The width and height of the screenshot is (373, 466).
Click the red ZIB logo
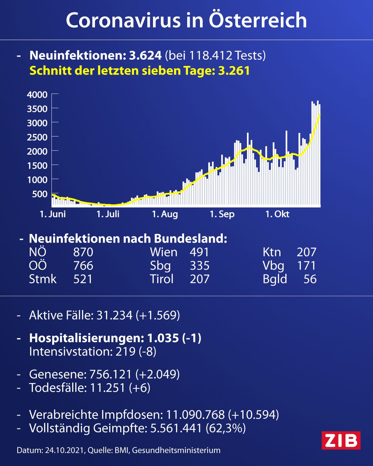click(x=341, y=440)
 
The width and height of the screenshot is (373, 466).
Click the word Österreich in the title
click(x=258, y=20)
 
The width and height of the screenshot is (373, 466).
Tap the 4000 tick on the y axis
click(x=55, y=94)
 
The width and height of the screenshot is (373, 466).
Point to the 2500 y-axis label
click(x=37, y=137)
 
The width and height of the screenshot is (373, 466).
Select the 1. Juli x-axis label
click(x=108, y=214)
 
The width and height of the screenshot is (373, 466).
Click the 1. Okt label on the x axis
click(x=277, y=214)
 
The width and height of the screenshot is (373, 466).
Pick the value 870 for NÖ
click(x=83, y=252)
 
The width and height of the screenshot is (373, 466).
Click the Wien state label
click(x=164, y=252)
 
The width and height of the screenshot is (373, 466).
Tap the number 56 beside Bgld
click(x=310, y=279)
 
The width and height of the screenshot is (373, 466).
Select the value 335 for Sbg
click(x=200, y=265)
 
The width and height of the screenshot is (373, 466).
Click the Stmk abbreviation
click(x=43, y=279)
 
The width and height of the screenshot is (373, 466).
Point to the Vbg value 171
click(x=306, y=265)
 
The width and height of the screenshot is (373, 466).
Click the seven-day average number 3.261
click(x=234, y=71)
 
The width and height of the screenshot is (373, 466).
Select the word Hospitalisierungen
click(x=86, y=338)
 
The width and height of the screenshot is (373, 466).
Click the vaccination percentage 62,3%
click(x=226, y=428)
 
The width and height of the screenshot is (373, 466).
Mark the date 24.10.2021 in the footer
click(x=64, y=450)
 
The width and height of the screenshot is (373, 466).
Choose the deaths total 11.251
click(x=107, y=388)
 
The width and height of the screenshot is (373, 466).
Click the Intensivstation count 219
click(x=125, y=351)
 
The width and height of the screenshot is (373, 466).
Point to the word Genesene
click(x=58, y=374)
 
